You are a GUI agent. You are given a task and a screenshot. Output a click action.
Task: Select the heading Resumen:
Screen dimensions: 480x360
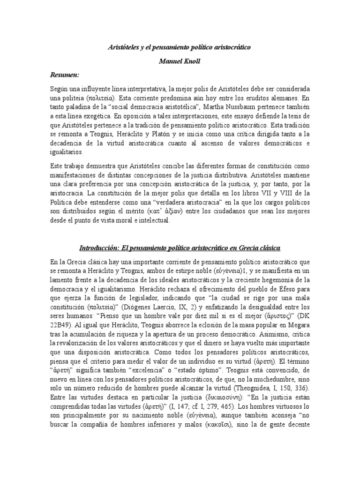65,75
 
